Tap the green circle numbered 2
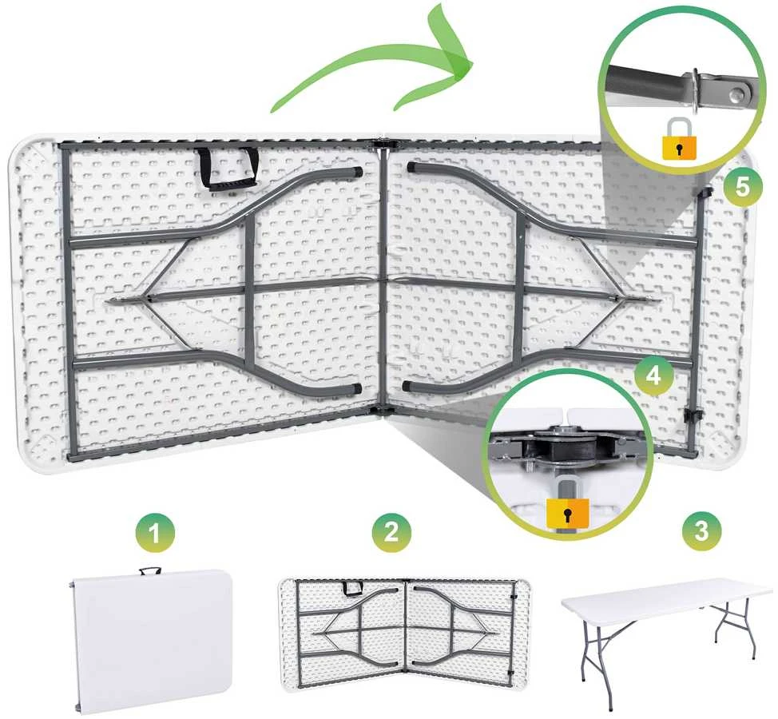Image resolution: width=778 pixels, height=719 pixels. click(x=391, y=530)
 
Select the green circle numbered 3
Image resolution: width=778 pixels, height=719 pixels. click(x=701, y=530)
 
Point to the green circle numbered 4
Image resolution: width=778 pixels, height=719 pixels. click(x=654, y=375)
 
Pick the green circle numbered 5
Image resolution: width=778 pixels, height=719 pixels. click(x=742, y=186)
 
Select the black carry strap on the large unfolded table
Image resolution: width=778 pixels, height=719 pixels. click(x=226, y=169)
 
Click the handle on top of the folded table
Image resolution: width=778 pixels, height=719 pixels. click(x=150, y=570)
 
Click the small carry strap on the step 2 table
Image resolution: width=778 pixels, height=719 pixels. click(x=353, y=588)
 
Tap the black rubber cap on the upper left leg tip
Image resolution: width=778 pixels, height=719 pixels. click(x=355, y=172)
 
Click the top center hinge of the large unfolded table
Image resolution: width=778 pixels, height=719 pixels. click(x=382, y=145)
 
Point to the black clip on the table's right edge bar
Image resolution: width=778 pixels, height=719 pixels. click(x=690, y=415)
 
